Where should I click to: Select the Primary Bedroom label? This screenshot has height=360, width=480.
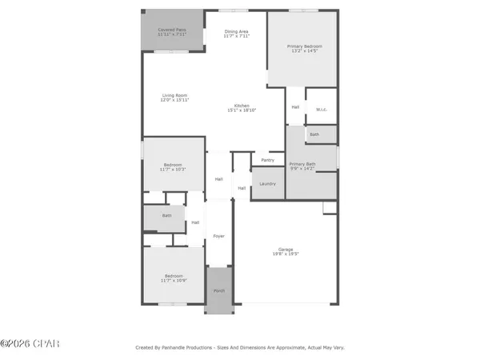click(303, 46)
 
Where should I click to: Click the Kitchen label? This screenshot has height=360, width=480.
click(242, 106)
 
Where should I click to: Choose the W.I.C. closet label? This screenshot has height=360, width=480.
click(320, 109)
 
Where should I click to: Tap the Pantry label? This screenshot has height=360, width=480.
click(267, 160)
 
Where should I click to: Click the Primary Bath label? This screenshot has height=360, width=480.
click(302, 164)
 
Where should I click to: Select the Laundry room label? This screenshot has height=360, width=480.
click(267, 184)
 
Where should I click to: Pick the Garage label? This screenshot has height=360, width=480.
click(286, 248)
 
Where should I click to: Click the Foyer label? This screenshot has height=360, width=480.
click(218, 237)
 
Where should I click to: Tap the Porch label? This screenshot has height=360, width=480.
click(218, 290)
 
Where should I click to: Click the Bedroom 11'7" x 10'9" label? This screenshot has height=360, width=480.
click(174, 276)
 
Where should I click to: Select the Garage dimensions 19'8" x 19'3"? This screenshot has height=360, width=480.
click(286, 254)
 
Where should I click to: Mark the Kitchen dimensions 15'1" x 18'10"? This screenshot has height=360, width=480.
click(242, 111)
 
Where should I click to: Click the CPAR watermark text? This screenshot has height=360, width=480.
click(30, 344)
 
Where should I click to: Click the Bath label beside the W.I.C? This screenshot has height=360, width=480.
click(314, 134)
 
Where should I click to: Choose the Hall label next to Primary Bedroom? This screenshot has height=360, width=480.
click(295, 107)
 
